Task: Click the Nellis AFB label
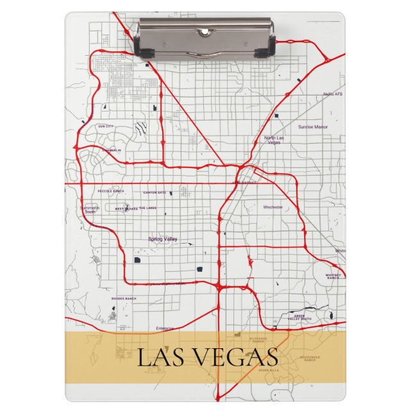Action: (333, 94)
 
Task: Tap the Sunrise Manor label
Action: (313, 127)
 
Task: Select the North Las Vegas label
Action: (273, 140)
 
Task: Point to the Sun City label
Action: (105, 126)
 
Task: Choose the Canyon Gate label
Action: (154, 192)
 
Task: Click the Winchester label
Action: (273, 207)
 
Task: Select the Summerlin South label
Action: (90, 210)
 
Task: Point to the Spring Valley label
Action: (163, 239)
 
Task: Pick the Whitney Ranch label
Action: (333, 276)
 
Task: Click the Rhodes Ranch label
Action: (123, 298)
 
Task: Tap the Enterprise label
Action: (165, 328)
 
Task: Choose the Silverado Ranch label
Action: (258, 340)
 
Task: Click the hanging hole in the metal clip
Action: (204, 31)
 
